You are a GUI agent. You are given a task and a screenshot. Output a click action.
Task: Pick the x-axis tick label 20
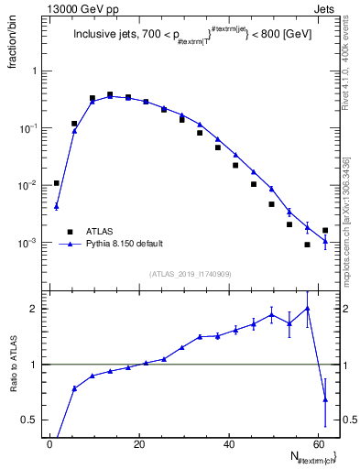pos(139,444)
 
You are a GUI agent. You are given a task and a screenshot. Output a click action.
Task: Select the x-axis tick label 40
pos(228,444)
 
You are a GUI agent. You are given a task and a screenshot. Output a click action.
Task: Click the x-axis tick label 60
pos(317,444)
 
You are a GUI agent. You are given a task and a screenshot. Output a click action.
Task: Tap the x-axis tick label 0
pos(50,444)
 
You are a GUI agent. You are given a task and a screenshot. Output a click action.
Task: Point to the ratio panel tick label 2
pos(32,309)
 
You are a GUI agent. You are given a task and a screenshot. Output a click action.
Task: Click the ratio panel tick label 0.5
pos(27,420)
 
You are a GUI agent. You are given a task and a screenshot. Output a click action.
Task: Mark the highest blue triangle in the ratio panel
pos(307,309)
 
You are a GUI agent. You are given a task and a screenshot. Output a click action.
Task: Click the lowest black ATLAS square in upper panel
pos(307,245)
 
